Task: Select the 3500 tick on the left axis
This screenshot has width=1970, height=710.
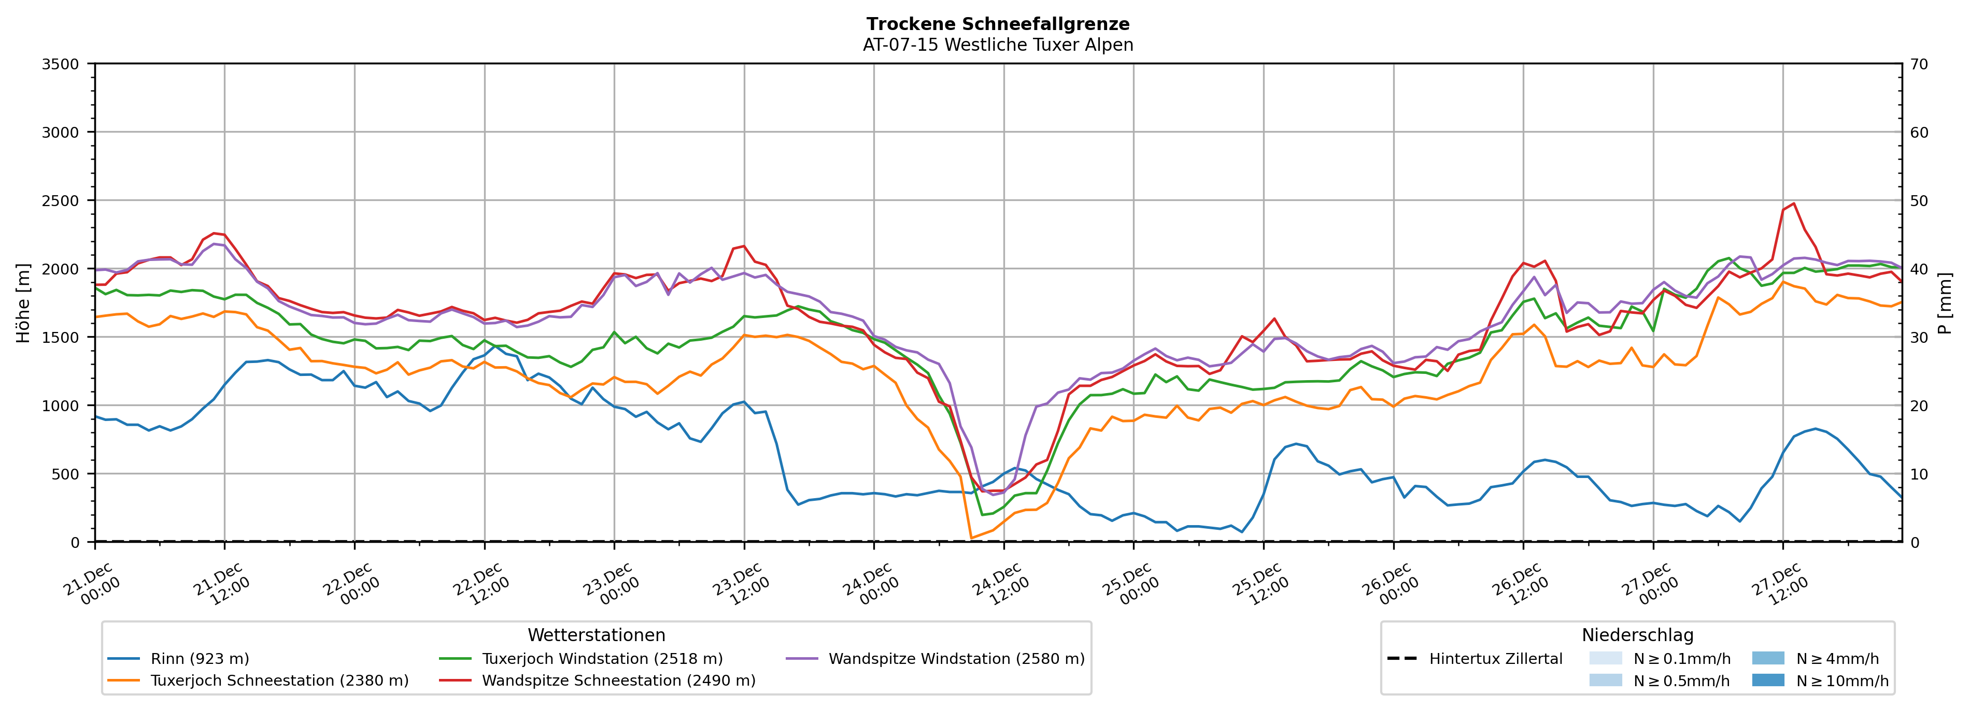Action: [x=61, y=64]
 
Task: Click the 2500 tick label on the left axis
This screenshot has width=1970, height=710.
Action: [x=61, y=201]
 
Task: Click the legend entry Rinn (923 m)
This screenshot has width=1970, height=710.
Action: [x=200, y=659]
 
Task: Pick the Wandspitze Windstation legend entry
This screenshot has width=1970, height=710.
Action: [x=956, y=659]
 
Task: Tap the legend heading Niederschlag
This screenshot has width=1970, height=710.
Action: [x=1637, y=635]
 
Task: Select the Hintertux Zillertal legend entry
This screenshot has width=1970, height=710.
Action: [x=1495, y=659]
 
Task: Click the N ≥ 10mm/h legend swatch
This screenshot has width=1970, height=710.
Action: [x=1767, y=680]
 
